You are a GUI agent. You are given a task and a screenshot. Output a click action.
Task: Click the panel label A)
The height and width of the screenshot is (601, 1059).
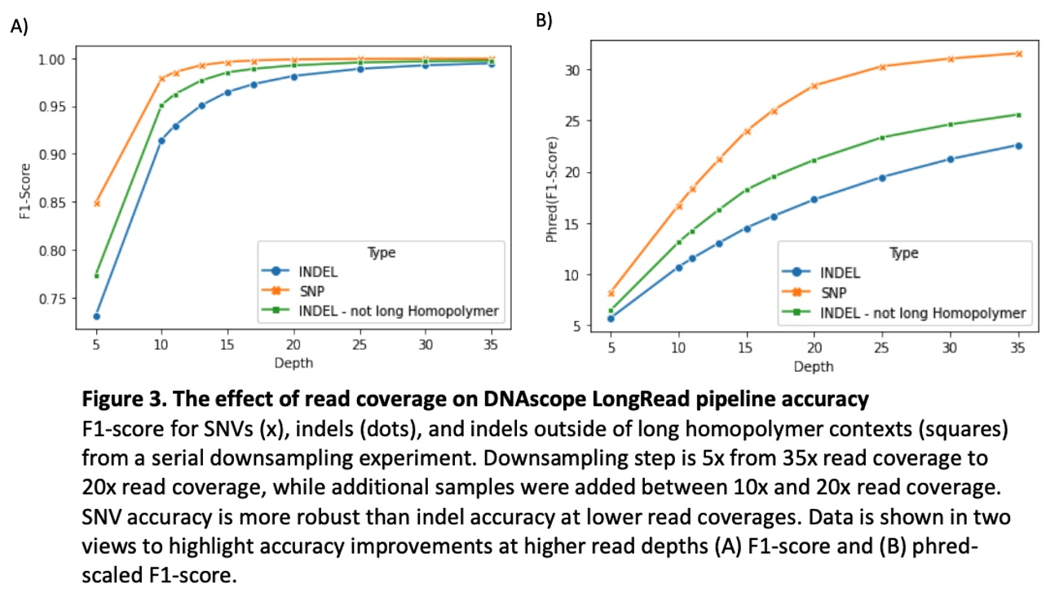(x=19, y=26)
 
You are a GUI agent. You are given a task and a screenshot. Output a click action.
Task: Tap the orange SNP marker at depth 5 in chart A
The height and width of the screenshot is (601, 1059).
(x=96, y=203)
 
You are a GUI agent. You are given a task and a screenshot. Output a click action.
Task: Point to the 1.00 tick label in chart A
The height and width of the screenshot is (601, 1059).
(x=55, y=60)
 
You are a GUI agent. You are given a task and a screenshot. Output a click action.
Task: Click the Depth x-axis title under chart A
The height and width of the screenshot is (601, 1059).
(x=293, y=363)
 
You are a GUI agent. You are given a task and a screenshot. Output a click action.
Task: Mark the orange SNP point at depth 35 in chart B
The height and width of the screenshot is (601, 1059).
(x=1017, y=54)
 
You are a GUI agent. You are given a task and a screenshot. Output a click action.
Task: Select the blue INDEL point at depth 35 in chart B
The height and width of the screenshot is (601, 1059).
(x=1017, y=145)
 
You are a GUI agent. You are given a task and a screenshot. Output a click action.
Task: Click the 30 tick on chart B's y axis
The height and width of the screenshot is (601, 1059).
(x=578, y=70)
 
